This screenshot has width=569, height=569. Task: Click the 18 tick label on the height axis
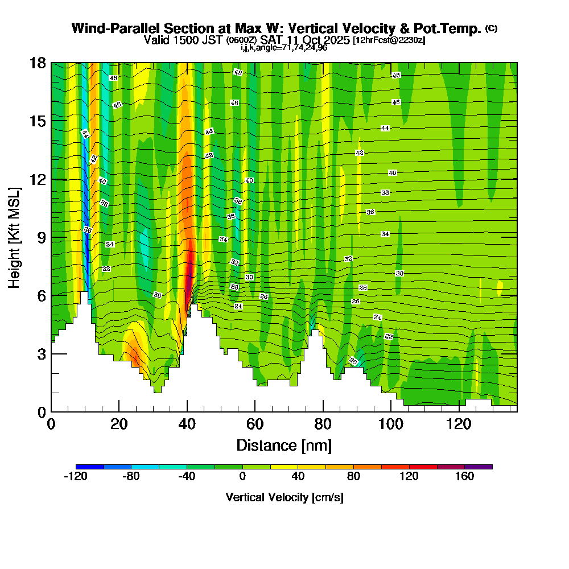pos(38,63)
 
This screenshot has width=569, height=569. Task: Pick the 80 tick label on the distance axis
pos(323,425)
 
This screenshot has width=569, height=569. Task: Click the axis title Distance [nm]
pos(284,445)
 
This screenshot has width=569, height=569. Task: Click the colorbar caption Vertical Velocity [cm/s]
pos(284,497)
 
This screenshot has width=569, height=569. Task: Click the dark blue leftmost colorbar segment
pos(89,467)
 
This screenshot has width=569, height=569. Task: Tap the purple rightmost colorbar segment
pos(479,467)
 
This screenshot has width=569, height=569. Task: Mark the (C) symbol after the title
pos(491,28)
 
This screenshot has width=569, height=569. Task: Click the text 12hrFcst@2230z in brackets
pos(389,40)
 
